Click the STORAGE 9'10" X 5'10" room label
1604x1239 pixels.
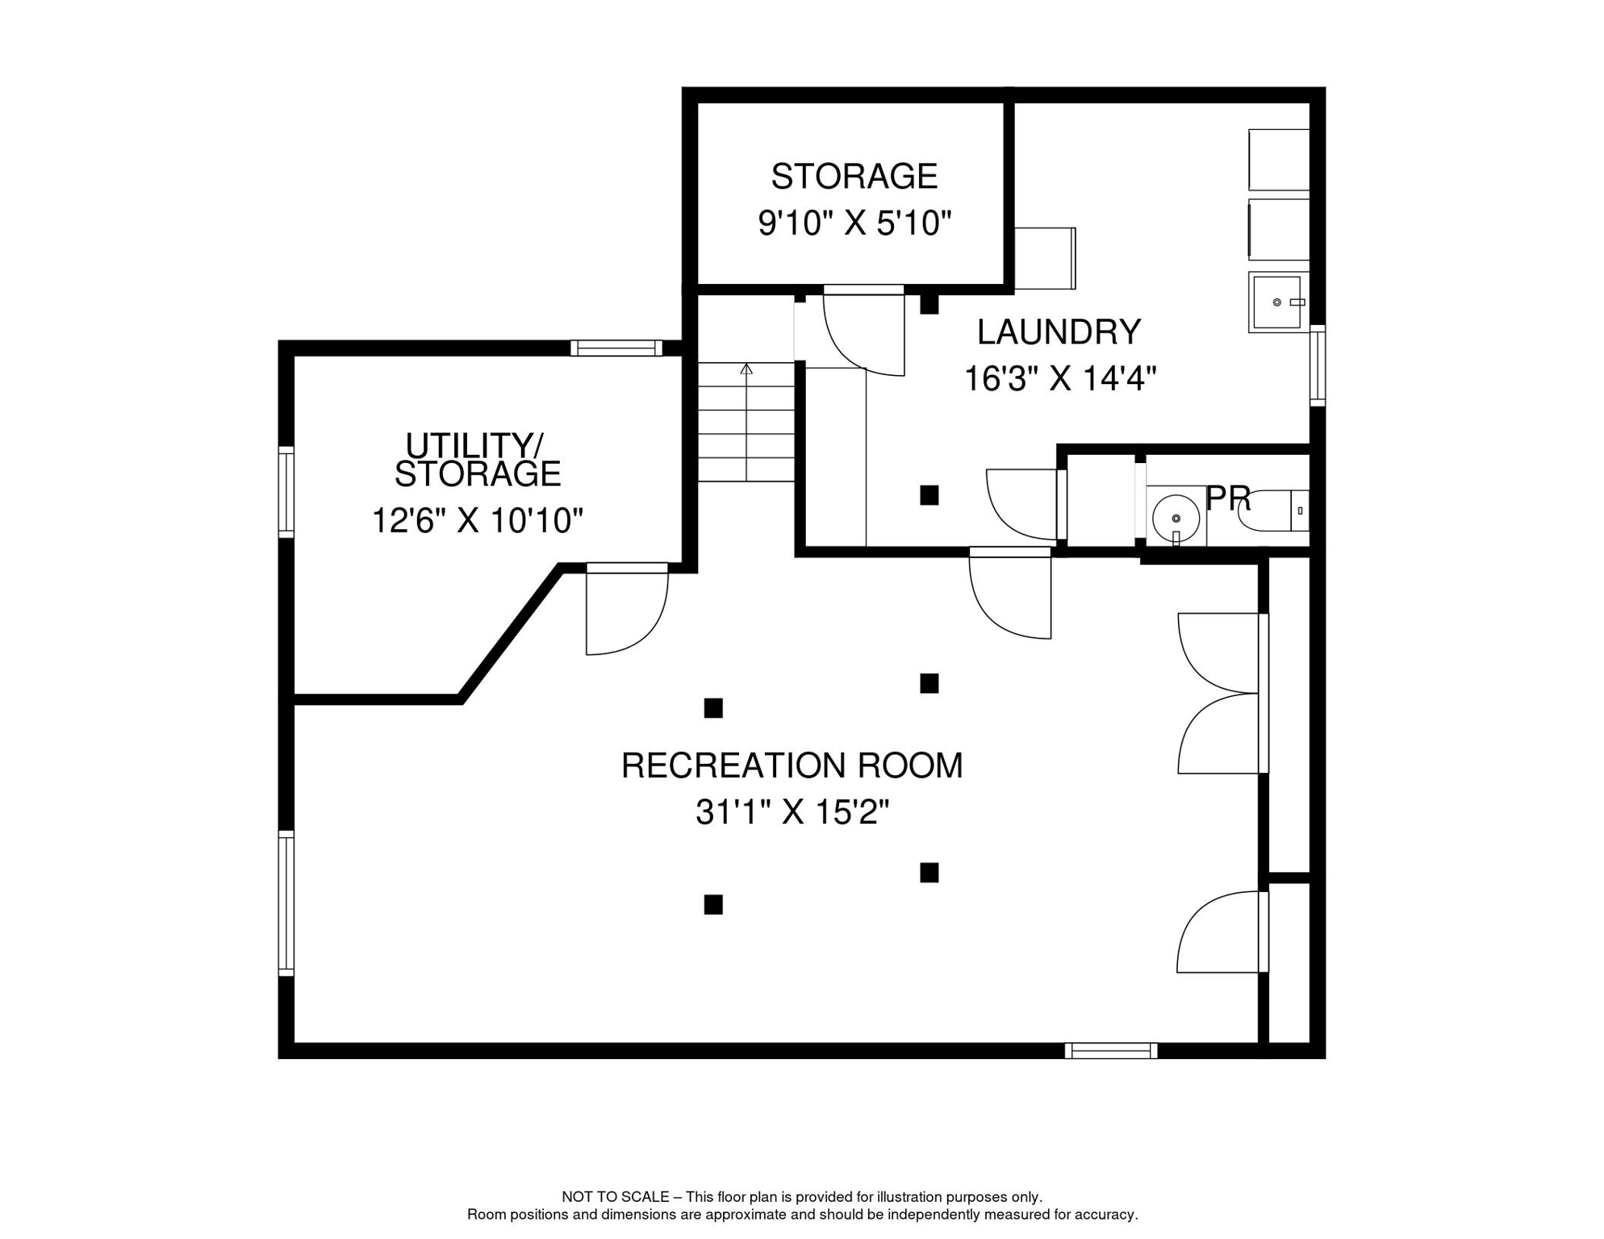854,198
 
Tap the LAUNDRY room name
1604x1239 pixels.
1059,332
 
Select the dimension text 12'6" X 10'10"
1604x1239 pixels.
477,521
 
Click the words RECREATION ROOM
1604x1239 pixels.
792,766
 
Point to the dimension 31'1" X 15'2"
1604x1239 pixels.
792,812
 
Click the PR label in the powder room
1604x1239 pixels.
1227,499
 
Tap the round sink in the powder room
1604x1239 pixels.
1176,519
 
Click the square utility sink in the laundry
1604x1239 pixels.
1277,302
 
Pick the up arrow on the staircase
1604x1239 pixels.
746,369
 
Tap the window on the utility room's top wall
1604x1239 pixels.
616,348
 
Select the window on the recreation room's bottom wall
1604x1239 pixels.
1111,1050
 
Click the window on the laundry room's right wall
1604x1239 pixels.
1317,365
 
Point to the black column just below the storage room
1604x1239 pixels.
929,305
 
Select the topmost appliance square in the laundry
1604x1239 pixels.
1278,160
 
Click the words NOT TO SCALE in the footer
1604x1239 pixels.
615,1197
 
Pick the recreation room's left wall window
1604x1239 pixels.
286,903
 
